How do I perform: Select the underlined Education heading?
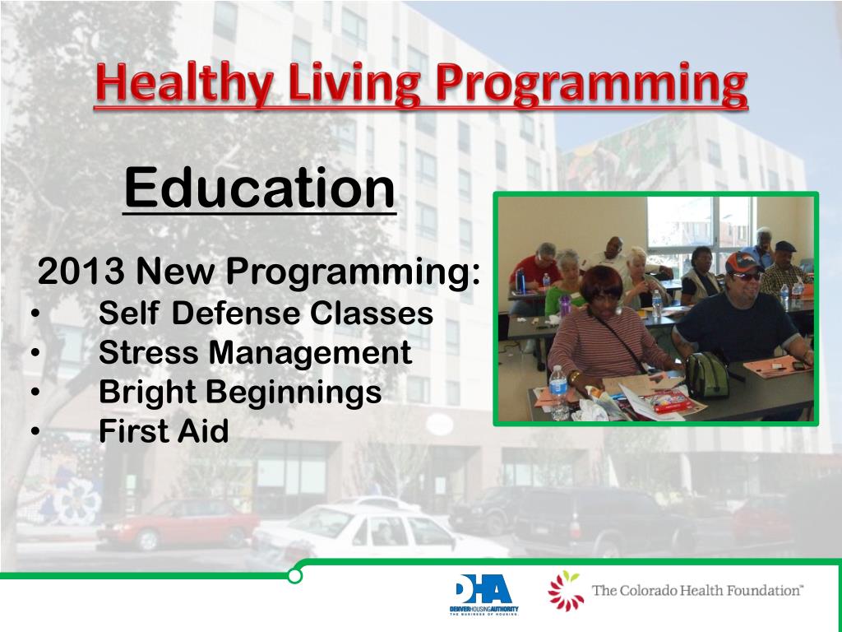coord(260,188)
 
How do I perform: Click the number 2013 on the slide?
coord(81,271)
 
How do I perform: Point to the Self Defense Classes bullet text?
coord(266,313)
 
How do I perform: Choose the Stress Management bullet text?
coord(255,352)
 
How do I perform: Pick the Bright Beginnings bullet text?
coord(240,393)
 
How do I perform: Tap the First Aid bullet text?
coord(164,431)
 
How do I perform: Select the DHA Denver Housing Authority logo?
coord(483,594)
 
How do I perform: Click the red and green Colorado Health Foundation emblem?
coord(565,591)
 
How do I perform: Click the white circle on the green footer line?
coord(294,576)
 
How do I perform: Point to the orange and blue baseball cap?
coord(742,262)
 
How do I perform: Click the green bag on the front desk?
coord(707,375)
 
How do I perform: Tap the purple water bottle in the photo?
coord(564,304)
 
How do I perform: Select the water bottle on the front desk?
coord(558,393)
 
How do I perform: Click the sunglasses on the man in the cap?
coord(746,276)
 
